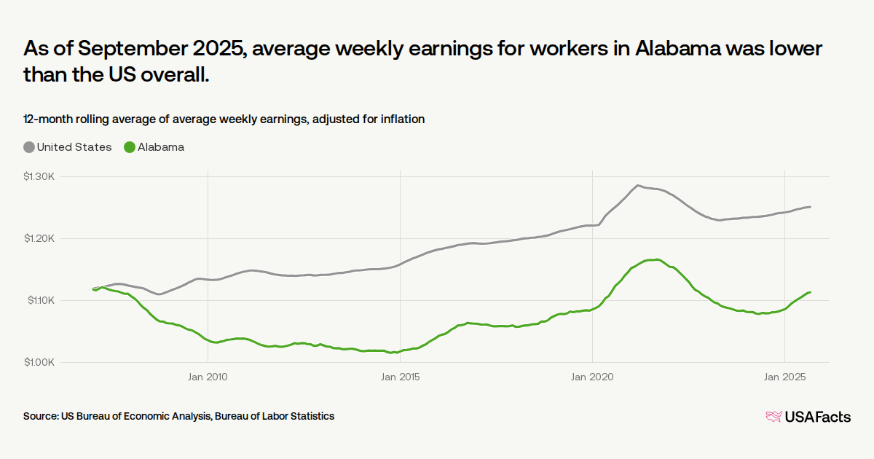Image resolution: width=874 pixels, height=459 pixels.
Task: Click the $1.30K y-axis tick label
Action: pyautogui.click(x=39, y=176)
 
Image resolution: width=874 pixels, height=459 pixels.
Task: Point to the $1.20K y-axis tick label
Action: pyautogui.click(x=39, y=238)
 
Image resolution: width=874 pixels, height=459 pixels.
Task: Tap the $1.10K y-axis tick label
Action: pyautogui.click(x=39, y=300)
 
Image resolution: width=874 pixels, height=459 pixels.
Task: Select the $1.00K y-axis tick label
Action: pyautogui.click(x=39, y=362)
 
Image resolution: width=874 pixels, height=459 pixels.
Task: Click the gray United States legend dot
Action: pyautogui.click(x=29, y=147)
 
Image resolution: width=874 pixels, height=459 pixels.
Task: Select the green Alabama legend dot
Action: pyautogui.click(x=130, y=147)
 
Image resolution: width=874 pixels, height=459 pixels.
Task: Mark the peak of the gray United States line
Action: pyautogui.click(x=638, y=186)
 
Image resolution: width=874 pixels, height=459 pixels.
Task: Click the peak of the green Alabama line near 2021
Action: pyautogui.click(x=656, y=259)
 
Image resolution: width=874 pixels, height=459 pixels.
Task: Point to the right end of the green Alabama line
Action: pyautogui.click(x=810, y=292)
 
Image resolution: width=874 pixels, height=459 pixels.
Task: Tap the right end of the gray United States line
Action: pyautogui.click(x=810, y=207)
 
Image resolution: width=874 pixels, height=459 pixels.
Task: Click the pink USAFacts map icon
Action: pyautogui.click(x=773, y=417)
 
